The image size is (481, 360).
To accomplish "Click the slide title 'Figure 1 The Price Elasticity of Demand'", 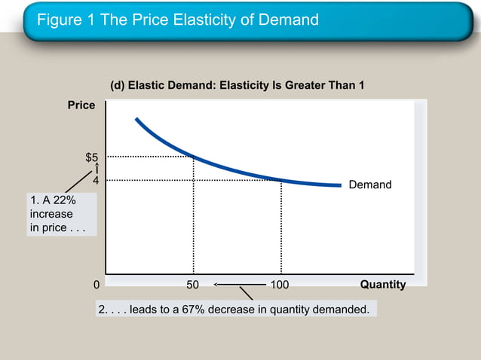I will click(178, 20).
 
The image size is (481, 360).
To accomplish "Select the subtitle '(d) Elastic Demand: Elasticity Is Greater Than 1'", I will click(237, 85).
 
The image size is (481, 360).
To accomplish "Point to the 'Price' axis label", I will click(81, 105).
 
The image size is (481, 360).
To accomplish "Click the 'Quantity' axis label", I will click(383, 285).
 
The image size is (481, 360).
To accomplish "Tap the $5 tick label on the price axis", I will click(91, 157).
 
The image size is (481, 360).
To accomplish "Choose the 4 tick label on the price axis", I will click(96, 181).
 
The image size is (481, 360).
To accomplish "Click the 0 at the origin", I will click(96, 285).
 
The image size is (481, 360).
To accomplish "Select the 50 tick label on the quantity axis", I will click(193, 285).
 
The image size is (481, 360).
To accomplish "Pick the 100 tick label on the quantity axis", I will click(280, 285).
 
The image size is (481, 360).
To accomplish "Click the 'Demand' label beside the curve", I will click(369, 185).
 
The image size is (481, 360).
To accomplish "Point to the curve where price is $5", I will click(193, 157).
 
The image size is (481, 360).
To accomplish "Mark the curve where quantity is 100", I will click(281, 180).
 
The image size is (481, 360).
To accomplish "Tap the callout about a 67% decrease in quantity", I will click(235, 309).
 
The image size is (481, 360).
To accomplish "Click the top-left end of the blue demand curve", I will click(137, 119).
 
